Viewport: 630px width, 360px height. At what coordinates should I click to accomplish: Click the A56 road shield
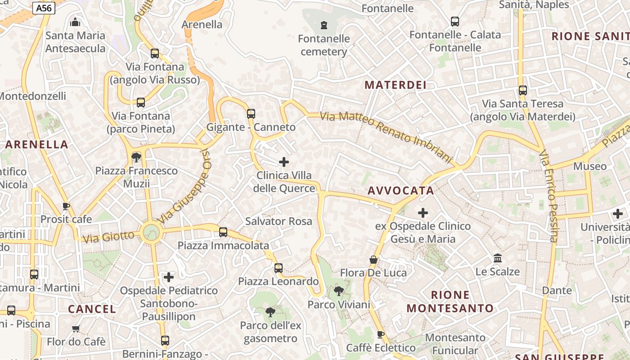(44, 8)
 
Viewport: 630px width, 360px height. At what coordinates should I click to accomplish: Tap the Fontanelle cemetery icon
(324, 25)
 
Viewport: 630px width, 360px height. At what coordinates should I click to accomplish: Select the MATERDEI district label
(396, 85)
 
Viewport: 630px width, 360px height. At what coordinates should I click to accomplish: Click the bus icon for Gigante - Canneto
(251, 114)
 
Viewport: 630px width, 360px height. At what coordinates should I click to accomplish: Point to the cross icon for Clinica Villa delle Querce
(284, 162)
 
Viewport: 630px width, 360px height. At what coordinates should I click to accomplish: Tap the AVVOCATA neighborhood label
(401, 191)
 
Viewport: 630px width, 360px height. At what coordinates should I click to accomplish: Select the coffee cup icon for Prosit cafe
(66, 207)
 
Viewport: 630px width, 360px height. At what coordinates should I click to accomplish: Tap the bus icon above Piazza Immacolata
(223, 233)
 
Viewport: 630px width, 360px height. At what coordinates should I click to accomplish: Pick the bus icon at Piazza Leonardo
(279, 269)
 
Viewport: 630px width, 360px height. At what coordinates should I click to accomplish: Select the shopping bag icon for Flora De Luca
(373, 260)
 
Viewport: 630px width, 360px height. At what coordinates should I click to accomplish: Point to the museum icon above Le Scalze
(498, 258)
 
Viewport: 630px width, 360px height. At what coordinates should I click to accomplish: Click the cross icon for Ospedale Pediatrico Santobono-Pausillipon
(169, 277)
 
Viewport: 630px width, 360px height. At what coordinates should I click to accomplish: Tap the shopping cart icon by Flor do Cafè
(76, 329)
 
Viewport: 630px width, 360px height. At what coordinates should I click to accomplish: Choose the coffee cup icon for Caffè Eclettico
(381, 334)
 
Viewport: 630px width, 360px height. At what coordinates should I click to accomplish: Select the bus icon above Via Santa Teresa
(522, 90)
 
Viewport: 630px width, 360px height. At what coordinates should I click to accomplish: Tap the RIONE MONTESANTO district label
(450, 301)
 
